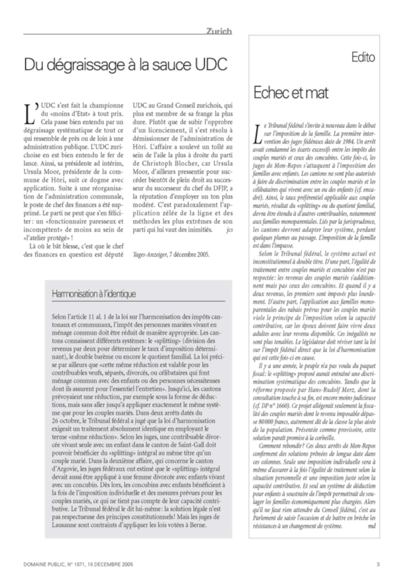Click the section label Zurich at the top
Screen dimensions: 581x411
(219, 31)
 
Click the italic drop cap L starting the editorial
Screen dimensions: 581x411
(257, 133)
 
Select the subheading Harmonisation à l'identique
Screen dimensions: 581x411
(94, 294)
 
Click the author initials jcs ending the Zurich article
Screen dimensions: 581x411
(229, 230)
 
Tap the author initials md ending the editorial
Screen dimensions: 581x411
(372, 526)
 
